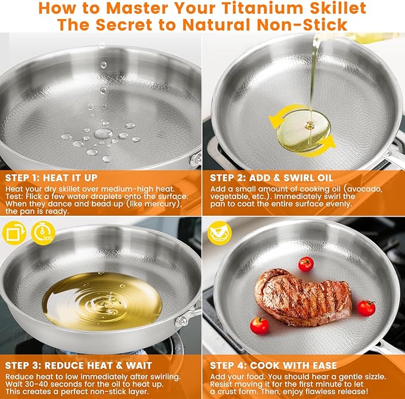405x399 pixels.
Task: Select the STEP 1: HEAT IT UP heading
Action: (51, 178)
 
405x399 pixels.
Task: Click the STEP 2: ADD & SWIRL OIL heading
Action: (271, 178)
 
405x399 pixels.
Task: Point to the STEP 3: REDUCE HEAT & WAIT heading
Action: (78, 366)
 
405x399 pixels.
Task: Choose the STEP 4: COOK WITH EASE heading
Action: (273, 366)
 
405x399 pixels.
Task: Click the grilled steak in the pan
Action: (303, 297)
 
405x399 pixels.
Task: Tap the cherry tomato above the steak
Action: (306, 264)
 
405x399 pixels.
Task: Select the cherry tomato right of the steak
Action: (366, 308)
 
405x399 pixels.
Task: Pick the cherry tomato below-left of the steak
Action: (259, 326)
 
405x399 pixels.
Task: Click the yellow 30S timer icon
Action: (43, 233)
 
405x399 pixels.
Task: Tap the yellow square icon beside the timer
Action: (14, 233)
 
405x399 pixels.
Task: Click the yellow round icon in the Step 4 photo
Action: (219, 233)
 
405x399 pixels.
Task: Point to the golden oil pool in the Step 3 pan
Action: (102, 301)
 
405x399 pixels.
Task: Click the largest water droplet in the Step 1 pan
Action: (103, 134)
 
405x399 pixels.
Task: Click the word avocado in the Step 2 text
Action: (364, 189)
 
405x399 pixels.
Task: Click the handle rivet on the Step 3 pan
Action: (184, 320)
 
